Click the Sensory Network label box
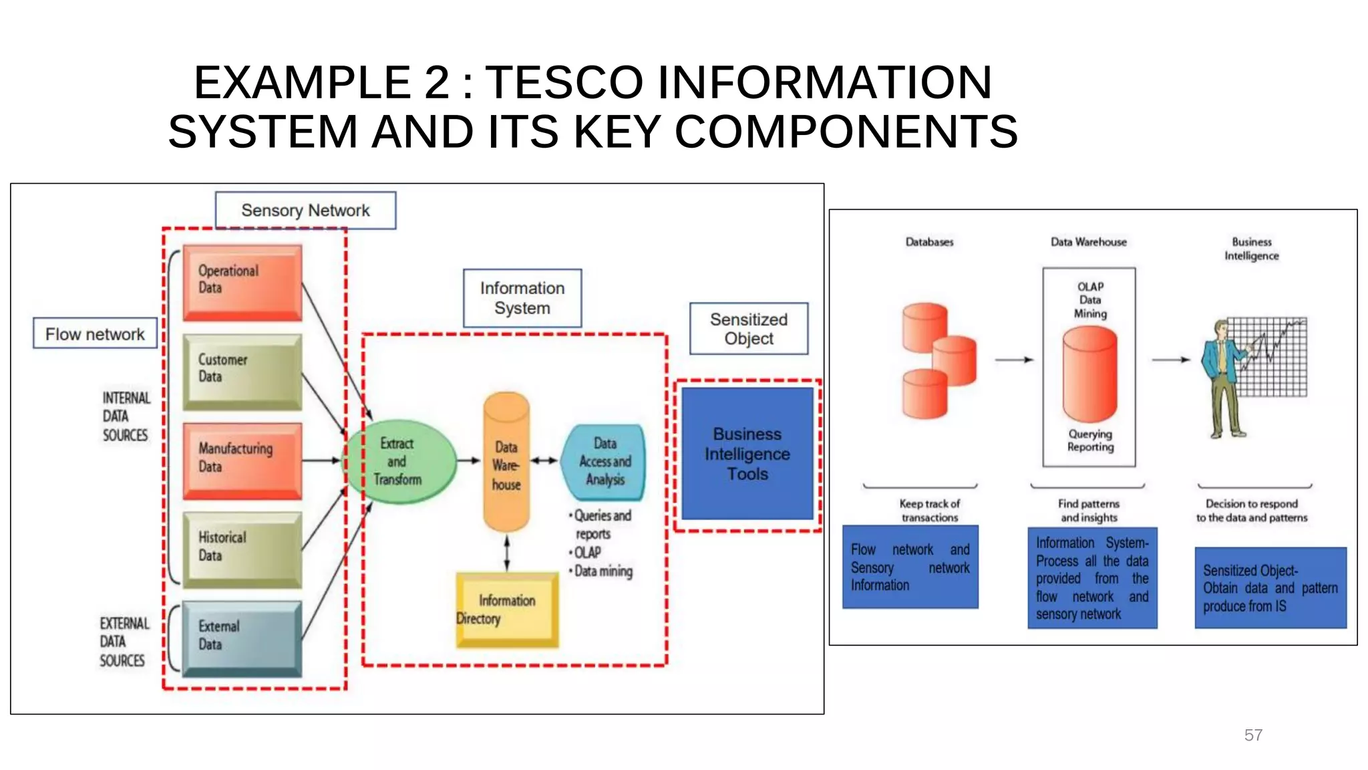pos(305,211)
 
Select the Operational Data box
pos(242,281)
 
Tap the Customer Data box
pos(242,372)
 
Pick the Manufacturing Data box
pos(242,461)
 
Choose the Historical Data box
pos(242,549)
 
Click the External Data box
pos(242,638)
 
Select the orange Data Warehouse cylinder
pos(506,463)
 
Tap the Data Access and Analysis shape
pos(605,462)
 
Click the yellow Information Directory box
pos(507,610)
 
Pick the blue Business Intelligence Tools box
pos(747,454)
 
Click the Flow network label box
pos(95,334)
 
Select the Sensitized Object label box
pos(748,329)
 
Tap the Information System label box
pos(522,298)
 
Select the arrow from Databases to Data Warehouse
pos(1014,360)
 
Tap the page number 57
pos(1252,735)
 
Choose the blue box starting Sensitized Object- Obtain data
pos(1270,588)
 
